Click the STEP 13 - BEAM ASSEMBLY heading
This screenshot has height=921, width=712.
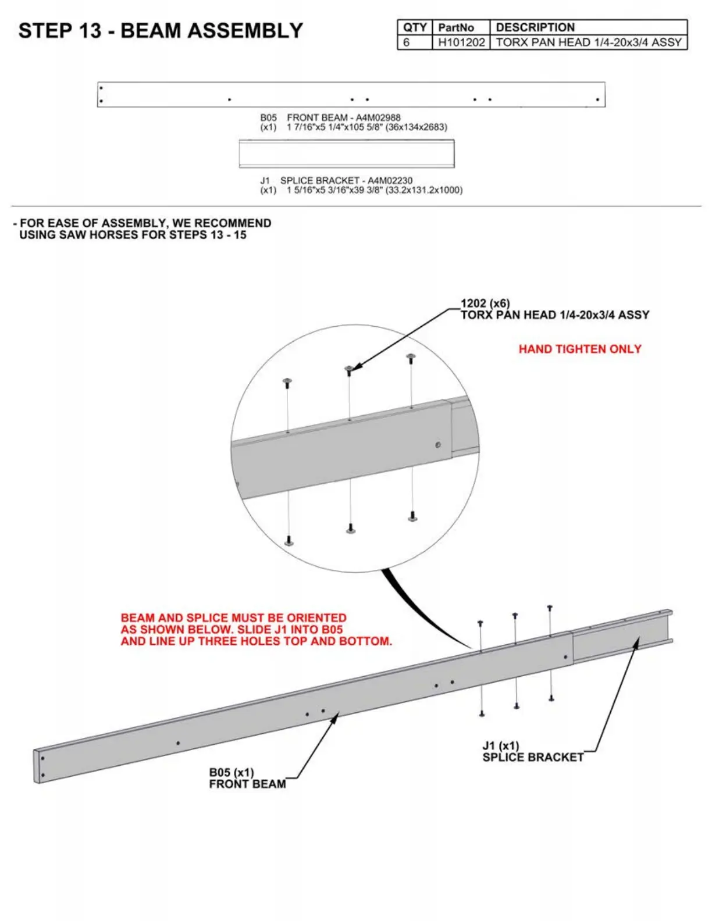pos(161,31)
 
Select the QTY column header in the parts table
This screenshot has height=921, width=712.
pos(415,27)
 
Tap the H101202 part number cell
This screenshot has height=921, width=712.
pos(461,42)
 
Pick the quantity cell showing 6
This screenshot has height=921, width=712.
pos(407,42)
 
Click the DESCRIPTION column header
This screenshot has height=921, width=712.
pos(535,27)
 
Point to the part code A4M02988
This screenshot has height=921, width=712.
pos(378,117)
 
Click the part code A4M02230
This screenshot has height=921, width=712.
pos(390,181)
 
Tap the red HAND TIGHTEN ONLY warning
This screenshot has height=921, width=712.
pos(580,349)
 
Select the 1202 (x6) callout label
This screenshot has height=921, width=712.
pos(485,304)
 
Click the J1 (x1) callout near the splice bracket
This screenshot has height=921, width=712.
pos(500,746)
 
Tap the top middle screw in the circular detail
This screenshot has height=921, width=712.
pos(349,369)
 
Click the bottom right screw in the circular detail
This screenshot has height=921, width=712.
pos(412,516)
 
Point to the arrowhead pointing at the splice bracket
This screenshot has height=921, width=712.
pos(637,641)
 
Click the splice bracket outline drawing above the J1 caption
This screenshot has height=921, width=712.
pos(347,154)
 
